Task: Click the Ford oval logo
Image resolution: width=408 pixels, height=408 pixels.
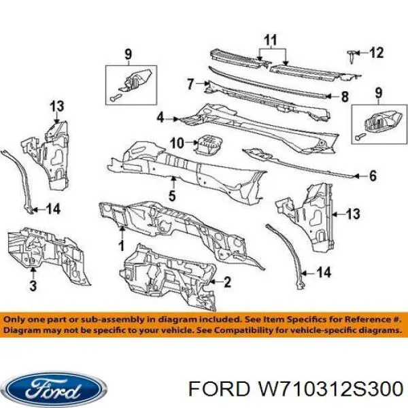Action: (x=56, y=389)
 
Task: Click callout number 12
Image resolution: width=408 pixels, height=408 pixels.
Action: (x=376, y=53)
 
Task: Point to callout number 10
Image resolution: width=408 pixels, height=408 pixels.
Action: (x=177, y=143)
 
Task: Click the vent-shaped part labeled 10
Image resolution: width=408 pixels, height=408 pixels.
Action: (x=208, y=144)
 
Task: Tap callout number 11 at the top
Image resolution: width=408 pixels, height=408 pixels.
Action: (x=271, y=40)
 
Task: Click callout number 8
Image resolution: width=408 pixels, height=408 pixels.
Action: (x=345, y=97)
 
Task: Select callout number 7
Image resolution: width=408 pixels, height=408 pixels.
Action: (x=190, y=84)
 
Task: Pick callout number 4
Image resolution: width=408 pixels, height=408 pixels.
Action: (x=160, y=118)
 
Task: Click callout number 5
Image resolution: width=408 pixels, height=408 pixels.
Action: (x=172, y=196)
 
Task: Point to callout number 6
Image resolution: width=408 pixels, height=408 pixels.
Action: (x=373, y=176)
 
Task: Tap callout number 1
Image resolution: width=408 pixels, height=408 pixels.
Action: (x=122, y=245)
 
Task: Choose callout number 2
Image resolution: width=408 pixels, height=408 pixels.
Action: (x=227, y=282)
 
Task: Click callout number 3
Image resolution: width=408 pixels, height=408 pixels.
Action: (x=33, y=285)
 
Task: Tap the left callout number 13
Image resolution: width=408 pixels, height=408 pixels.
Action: (x=57, y=107)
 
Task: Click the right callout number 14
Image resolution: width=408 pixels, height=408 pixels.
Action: (x=324, y=273)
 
